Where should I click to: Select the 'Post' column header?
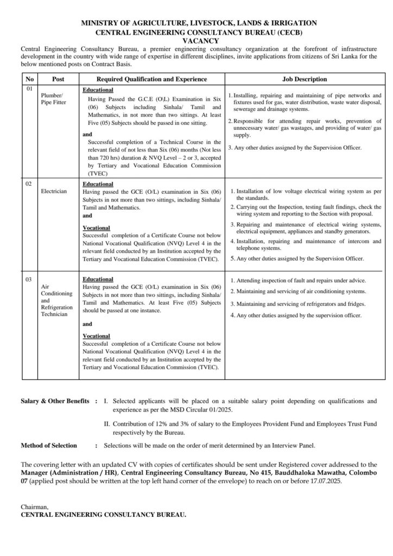[x=58, y=79]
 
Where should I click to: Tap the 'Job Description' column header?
[x=305, y=79]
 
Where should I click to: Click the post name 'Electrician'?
[x=54, y=192]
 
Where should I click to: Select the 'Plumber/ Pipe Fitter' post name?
[x=53, y=98]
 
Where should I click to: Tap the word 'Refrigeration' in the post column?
[x=56, y=307]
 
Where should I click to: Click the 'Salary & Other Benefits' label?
[x=55, y=401]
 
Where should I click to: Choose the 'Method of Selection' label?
[x=49, y=445]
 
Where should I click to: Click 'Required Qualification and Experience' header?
[x=152, y=79]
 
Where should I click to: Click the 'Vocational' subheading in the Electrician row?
[x=96, y=228]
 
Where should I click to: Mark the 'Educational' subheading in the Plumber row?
[x=98, y=90]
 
